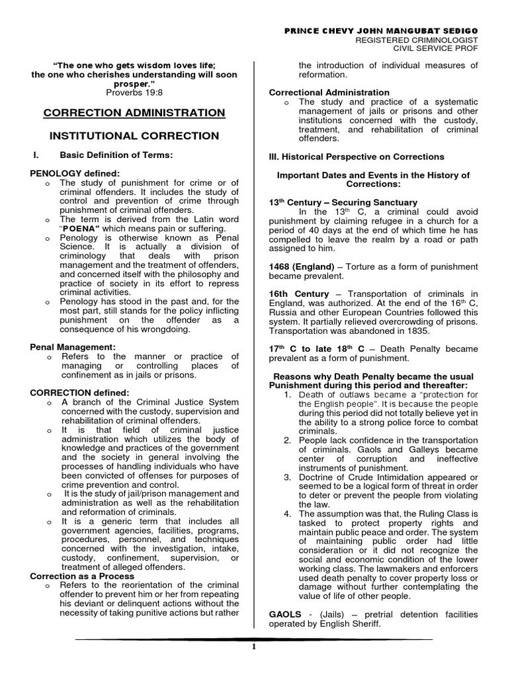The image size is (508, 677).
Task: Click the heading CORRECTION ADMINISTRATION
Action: tap(134, 113)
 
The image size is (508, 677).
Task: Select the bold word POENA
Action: tap(81, 235)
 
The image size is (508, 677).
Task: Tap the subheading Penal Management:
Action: tap(73, 346)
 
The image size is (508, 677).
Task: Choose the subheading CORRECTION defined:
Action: tap(71, 392)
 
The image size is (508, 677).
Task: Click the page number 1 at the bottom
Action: tap(253, 647)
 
